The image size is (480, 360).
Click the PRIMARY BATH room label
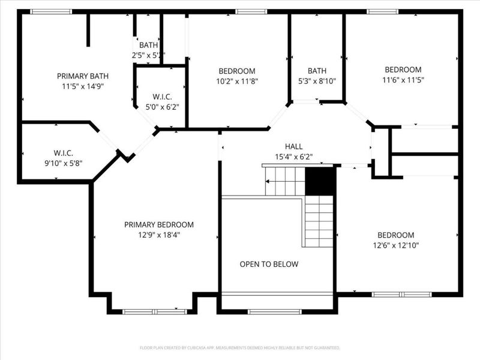tap(83, 76)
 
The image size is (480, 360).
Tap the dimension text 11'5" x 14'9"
tap(83, 86)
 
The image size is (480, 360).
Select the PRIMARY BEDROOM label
tap(159, 224)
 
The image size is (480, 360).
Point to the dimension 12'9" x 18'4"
tap(159, 235)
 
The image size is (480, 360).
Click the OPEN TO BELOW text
tap(269, 264)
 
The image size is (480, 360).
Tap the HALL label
tap(294, 146)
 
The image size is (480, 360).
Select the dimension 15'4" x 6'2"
tap(294, 157)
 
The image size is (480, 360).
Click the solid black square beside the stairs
tap(320, 181)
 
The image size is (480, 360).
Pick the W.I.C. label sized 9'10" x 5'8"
tap(63, 152)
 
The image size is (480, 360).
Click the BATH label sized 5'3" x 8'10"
tap(317, 71)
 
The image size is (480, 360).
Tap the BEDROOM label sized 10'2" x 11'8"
tap(237, 71)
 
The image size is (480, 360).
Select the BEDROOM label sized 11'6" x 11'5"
tap(403, 70)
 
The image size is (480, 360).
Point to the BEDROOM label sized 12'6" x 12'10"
tap(395, 235)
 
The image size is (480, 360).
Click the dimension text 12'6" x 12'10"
tap(395, 245)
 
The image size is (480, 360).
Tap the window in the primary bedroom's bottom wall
tap(154, 311)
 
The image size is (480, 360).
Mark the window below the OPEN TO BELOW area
tap(274, 311)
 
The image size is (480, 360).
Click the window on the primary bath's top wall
tap(51, 11)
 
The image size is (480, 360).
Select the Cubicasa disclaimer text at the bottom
tap(240, 347)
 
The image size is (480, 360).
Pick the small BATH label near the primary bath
tap(148, 45)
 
